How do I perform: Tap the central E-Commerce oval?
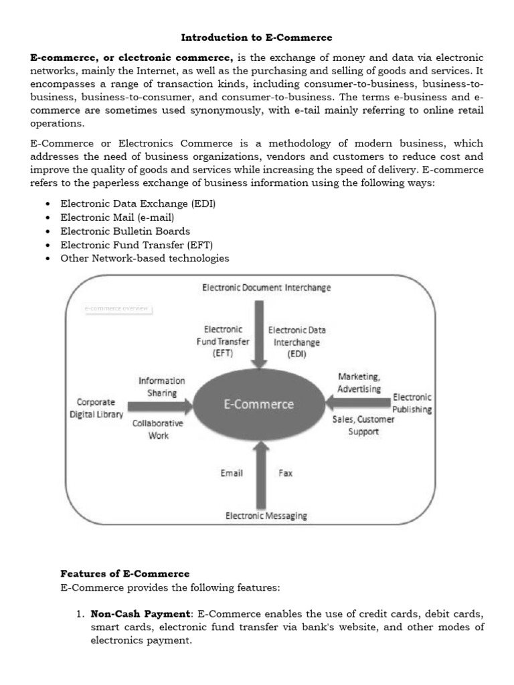point(258,404)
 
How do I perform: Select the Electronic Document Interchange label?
point(266,288)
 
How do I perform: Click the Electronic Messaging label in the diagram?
point(266,516)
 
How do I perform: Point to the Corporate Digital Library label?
point(96,408)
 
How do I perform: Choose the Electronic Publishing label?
point(412,403)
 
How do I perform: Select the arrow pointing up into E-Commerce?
point(258,475)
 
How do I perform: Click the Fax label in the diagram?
point(285,473)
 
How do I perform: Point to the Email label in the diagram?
point(232,473)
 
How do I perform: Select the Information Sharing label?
point(161,387)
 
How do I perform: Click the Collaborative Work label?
point(158,429)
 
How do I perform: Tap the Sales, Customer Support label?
point(363,425)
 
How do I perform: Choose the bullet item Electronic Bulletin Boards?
point(125,231)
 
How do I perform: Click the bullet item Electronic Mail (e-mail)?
point(117,218)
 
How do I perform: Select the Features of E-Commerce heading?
point(125,574)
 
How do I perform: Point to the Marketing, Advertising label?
point(359,382)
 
